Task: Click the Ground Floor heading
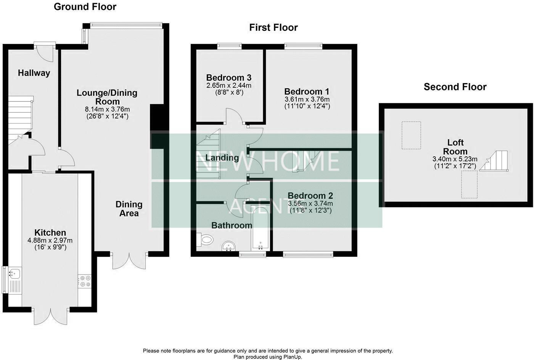(x=85, y=7)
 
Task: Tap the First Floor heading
(x=273, y=27)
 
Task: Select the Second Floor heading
(x=455, y=87)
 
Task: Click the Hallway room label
(x=34, y=73)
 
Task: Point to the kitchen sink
(x=15, y=273)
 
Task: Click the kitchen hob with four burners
(x=84, y=281)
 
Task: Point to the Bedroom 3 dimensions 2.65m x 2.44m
(x=229, y=85)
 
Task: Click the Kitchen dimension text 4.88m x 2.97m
(x=50, y=240)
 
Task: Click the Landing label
(x=222, y=158)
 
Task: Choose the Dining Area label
(x=129, y=209)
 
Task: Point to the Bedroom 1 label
(x=307, y=92)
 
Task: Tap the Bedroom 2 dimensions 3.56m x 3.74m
(x=310, y=203)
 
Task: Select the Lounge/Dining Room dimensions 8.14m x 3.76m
(x=107, y=109)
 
